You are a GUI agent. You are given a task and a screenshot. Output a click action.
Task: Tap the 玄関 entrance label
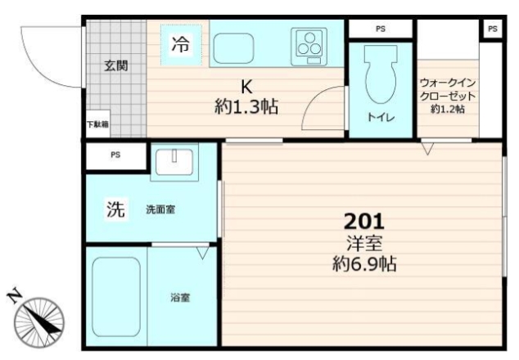[x=115, y=66]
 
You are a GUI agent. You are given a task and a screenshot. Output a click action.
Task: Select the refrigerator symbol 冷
[x=180, y=46]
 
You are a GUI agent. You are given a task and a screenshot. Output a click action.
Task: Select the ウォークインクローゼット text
[x=448, y=89]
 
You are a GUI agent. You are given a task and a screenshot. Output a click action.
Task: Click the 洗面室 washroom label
[x=160, y=210]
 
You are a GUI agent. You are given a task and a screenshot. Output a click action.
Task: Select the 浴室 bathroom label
[x=181, y=298]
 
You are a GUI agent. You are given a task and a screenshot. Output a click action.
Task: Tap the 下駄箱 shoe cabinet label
[x=97, y=125]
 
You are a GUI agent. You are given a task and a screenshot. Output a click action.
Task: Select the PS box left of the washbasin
[x=115, y=155]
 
